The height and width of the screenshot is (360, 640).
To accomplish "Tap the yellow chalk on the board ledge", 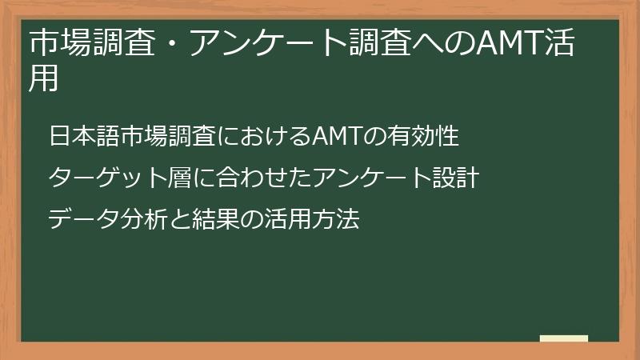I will [564, 339].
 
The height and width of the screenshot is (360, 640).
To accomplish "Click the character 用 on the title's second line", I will [44, 79].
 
